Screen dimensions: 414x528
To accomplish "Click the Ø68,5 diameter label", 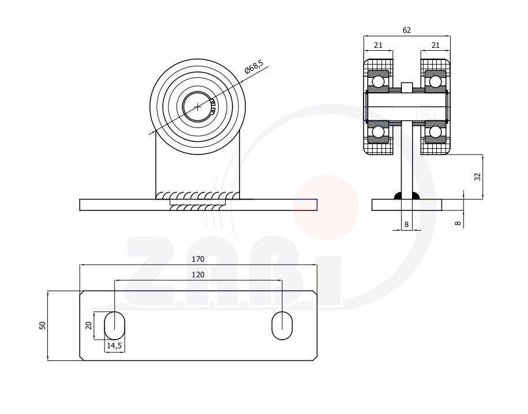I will coord(254,67).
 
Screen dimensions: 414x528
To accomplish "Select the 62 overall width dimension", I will coord(407,31).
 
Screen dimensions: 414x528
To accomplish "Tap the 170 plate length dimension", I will coord(198,259).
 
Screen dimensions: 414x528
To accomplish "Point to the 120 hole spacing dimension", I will coord(198,276).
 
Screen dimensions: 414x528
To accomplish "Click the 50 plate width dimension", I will coord(42,325).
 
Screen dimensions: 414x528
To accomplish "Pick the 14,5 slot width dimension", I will coord(114,345).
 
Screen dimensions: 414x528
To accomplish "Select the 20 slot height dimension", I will coord(89,325).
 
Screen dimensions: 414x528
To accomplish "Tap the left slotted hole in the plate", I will coord(114,325).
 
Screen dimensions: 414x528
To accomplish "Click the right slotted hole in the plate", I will coord(282,325).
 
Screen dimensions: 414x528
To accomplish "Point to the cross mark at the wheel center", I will coord(198,107).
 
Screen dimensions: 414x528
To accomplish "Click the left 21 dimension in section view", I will coord(378,45).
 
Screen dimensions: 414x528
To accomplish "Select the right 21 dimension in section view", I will coord(435,45).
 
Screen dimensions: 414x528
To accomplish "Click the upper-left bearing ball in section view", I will coord(379,81).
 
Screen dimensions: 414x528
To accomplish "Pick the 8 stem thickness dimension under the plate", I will coord(407,224).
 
